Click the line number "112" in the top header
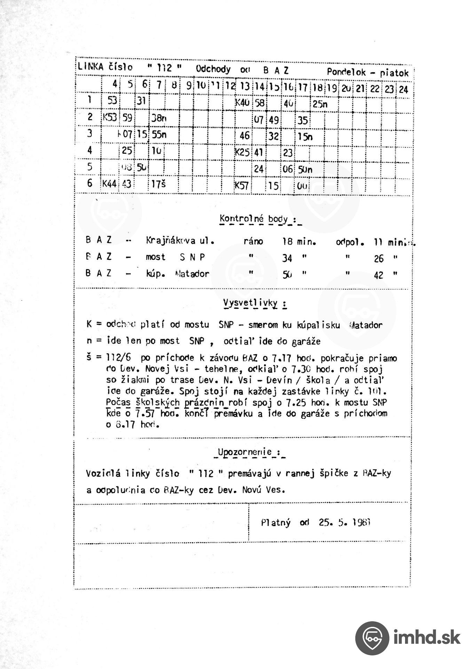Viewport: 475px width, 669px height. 164,68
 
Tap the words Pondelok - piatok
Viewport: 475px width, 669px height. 367,72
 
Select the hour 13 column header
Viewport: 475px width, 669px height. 245,87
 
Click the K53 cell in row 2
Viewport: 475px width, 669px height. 110,118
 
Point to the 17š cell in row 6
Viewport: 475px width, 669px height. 158,184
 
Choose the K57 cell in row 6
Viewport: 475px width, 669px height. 242,185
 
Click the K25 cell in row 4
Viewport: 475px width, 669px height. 242,152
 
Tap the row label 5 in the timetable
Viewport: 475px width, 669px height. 90,167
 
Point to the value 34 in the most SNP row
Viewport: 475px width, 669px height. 287,259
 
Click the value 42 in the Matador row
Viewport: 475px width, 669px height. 378,275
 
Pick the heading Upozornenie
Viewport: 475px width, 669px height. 245,452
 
